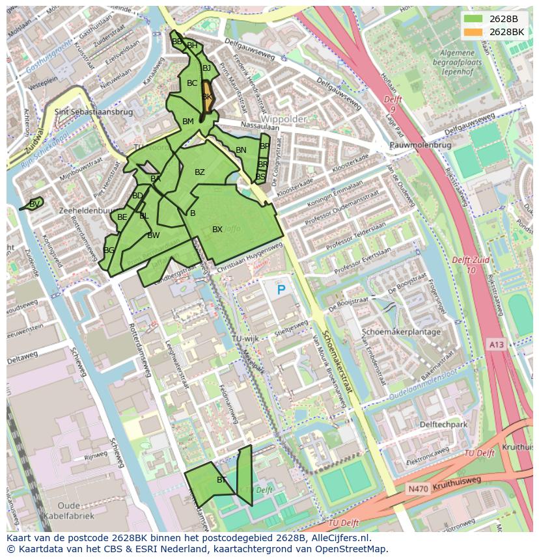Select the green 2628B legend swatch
[473, 19]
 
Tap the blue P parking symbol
[281, 290]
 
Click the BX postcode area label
[217, 230]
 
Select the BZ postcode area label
[200, 172]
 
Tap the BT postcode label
[221, 480]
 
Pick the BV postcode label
[35, 204]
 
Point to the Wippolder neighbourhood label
[284, 120]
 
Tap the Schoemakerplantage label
[401, 332]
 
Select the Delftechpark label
[444, 425]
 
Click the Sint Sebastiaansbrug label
[94, 112]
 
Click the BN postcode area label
[241, 150]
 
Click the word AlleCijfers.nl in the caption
[339, 538]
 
